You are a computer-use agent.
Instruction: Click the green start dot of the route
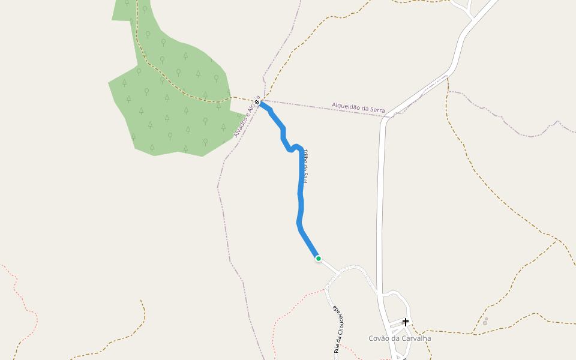(x=318, y=259)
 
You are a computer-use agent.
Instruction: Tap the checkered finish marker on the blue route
(x=257, y=103)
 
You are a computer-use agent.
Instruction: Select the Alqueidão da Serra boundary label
(x=358, y=108)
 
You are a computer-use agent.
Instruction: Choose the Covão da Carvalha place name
(x=399, y=338)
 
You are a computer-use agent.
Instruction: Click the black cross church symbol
(x=406, y=322)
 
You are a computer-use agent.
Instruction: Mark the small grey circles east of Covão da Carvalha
(x=485, y=322)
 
